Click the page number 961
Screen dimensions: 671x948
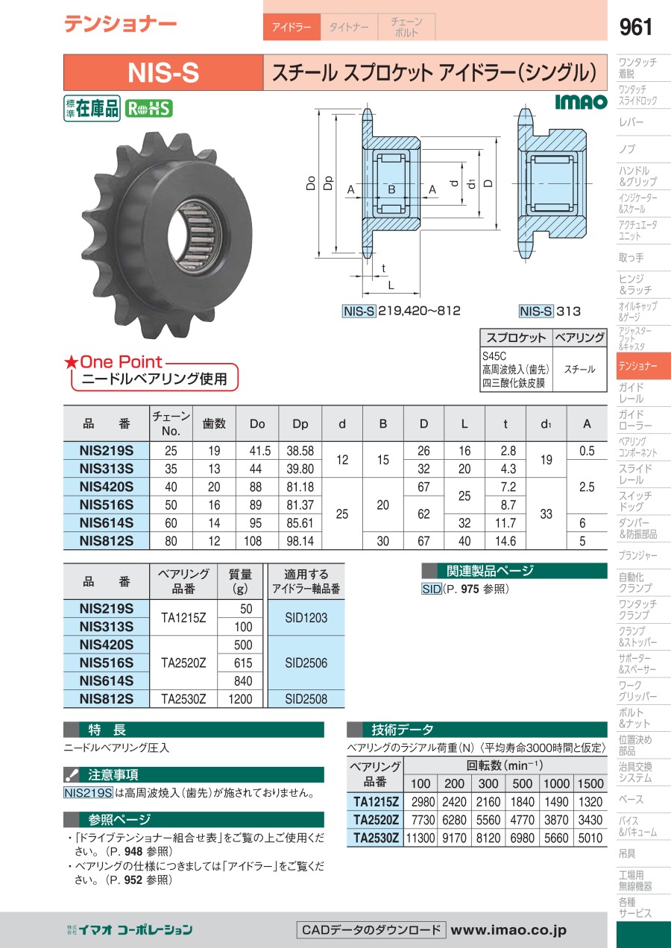(x=635, y=27)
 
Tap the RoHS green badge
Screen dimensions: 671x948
(x=148, y=108)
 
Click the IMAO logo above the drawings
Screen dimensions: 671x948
(x=581, y=102)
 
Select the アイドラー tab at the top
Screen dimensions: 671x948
(x=292, y=27)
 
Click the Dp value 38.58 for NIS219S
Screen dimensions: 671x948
(x=300, y=451)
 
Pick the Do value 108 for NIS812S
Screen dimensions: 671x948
(x=253, y=541)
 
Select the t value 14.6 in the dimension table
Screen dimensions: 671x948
(x=505, y=541)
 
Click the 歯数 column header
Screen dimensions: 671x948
(x=214, y=423)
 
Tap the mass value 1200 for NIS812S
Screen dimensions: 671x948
(x=240, y=699)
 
